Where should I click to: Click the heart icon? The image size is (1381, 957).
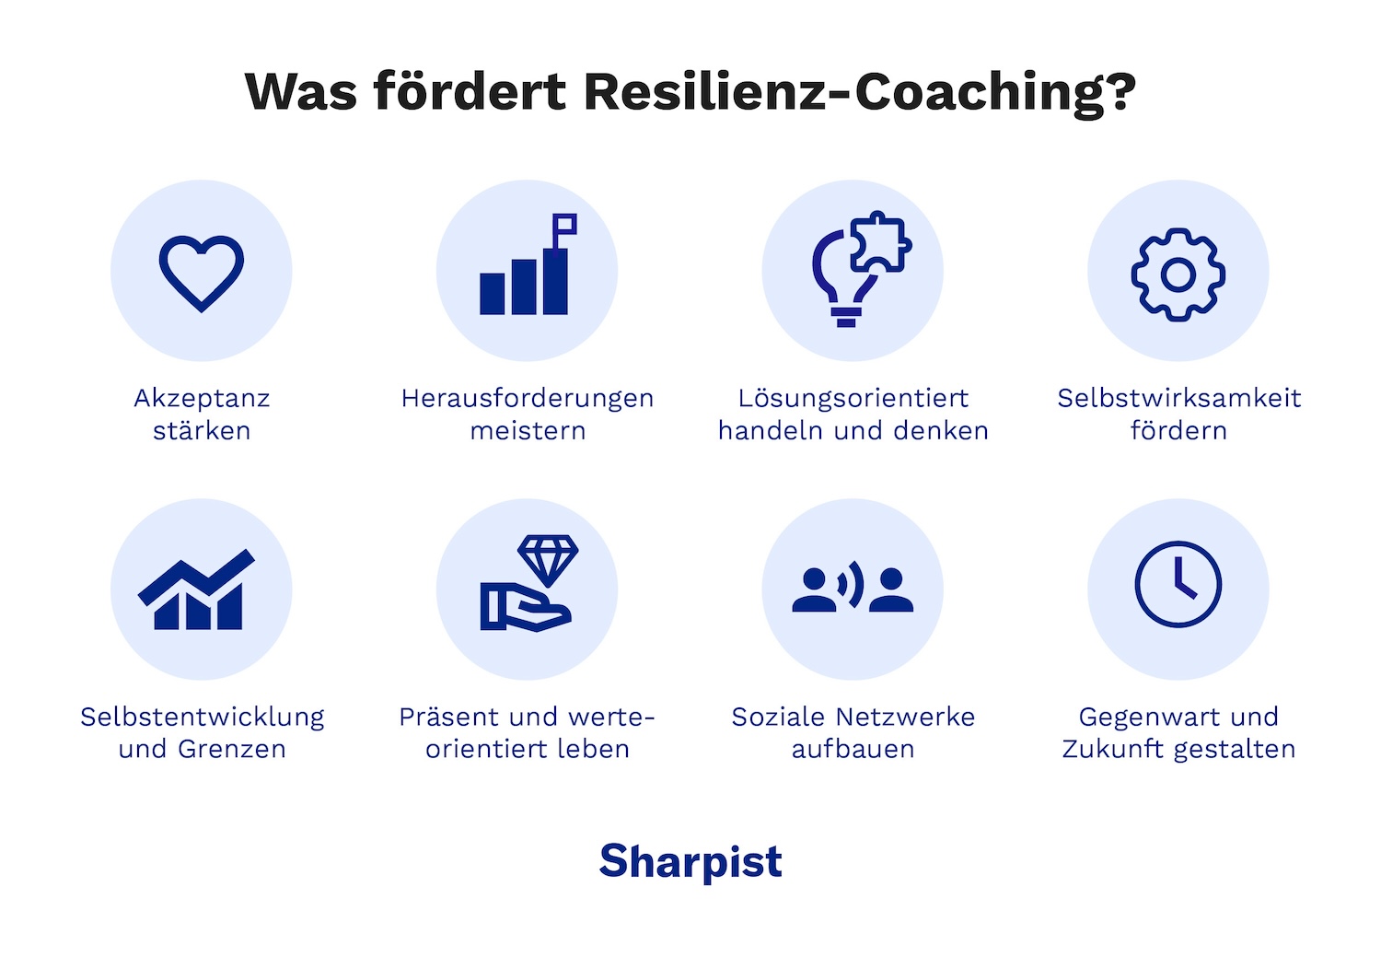pyautogui.click(x=202, y=272)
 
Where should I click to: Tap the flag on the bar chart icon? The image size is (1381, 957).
pyautogui.click(x=564, y=226)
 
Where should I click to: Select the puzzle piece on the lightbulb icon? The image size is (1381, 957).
pyautogui.click(x=879, y=242)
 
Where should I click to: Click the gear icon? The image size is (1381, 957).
pyautogui.click(x=1178, y=274)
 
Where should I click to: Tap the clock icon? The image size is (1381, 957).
pyautogui.click(x=1178, y=585)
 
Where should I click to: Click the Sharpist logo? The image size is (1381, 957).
pyautogui.click(x=690, y=862)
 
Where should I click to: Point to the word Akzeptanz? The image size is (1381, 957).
pyautogui.click(x=202, y=398)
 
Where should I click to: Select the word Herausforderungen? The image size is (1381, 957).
pyautogui.click(x=528, y=398)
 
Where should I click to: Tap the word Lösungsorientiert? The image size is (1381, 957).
pyautogui.click(x=853, y=398)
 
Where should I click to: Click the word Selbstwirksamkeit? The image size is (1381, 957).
pyautogui.click(x=1178, y=398)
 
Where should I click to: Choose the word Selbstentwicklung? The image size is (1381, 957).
pyautogui.click(x=203, y=717)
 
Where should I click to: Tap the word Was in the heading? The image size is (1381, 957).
pyautogui.click(x=301, y=92)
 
